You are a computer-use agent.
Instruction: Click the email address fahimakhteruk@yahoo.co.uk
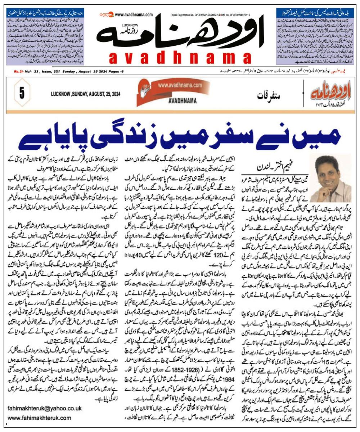[x=45, y=408]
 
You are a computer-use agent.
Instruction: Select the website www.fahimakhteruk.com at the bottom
[x=39, y=418]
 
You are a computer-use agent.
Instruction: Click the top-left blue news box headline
[x=45, y=11]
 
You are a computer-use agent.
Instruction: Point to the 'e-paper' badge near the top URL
[x=107, y=15]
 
